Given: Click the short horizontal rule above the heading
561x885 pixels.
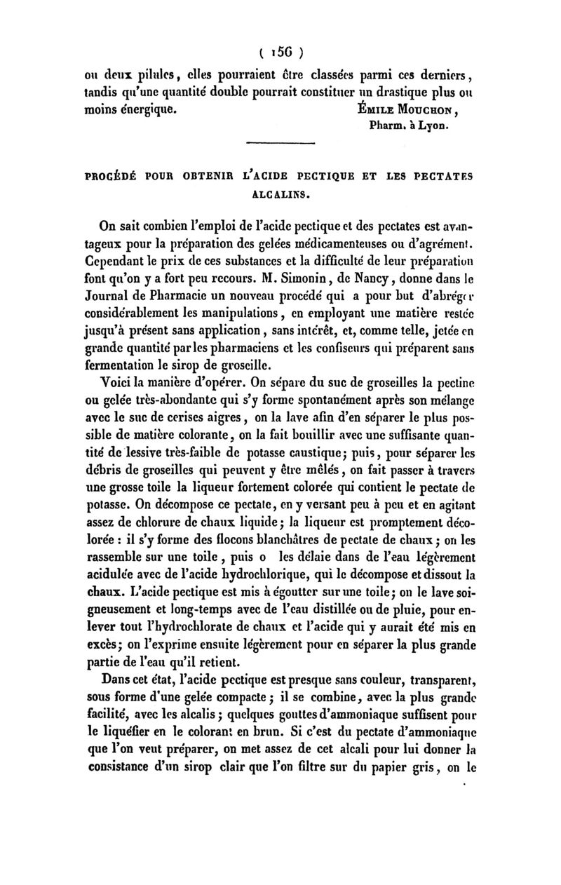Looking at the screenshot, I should pyautogui.click(x=278, y=144).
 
